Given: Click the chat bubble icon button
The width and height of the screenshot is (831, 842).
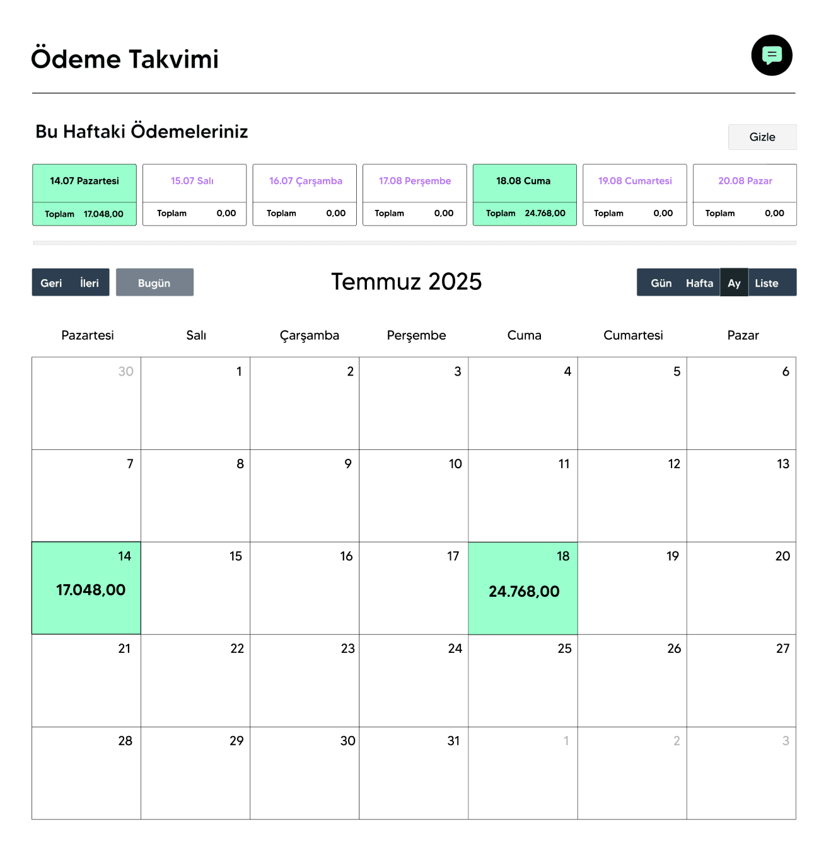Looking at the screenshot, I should [771, 55].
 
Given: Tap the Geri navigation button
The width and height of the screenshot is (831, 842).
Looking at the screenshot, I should [51, 283].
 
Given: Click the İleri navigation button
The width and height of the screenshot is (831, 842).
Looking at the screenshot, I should [90, 283].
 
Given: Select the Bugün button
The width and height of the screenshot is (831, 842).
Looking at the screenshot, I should [154, 283].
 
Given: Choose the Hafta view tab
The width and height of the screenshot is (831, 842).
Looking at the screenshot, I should [699, 283].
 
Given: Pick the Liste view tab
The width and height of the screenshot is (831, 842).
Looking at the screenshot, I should [766, 283].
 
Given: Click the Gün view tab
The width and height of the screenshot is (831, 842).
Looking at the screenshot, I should [661, 283].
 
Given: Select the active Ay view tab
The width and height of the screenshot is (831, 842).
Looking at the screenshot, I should [734, 283].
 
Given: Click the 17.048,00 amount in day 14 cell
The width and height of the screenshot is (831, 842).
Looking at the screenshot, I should [91, 590].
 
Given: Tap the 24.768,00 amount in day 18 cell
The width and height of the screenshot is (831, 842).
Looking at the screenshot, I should [524, 591].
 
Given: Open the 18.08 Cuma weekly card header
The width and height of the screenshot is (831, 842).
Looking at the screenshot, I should [523, 181].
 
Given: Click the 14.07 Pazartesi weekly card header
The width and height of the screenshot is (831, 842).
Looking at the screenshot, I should [84, 181].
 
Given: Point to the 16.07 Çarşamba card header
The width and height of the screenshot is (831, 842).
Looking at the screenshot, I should [305, 181].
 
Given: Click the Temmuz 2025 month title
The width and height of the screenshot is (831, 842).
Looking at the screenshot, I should [406, 282].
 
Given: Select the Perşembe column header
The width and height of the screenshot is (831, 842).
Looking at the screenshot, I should [416, 335].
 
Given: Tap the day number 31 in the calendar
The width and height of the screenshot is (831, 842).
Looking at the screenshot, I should [453, 741].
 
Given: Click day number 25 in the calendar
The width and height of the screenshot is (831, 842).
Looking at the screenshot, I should [564, 649].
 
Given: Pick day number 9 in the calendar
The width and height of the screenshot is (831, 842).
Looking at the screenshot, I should [347, 464].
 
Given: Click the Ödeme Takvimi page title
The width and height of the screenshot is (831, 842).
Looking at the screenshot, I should [125, 59].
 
